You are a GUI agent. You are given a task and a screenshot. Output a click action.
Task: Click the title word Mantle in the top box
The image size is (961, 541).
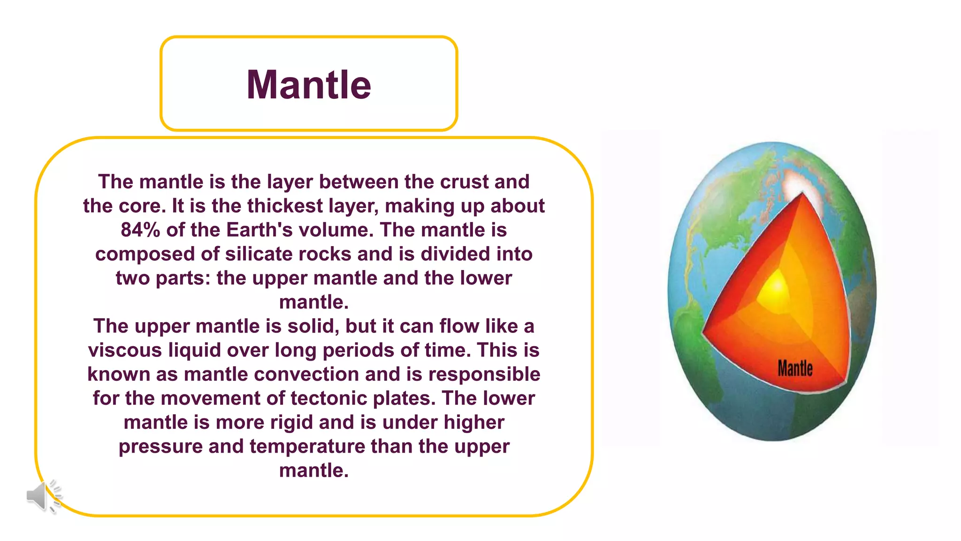(309, 85)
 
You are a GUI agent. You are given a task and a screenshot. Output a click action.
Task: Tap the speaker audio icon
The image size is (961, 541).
(43, 496)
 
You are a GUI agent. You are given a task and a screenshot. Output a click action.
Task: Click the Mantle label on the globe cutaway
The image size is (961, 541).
(795, 368)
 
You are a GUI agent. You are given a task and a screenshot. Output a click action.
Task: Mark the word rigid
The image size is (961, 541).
(290, 422)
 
